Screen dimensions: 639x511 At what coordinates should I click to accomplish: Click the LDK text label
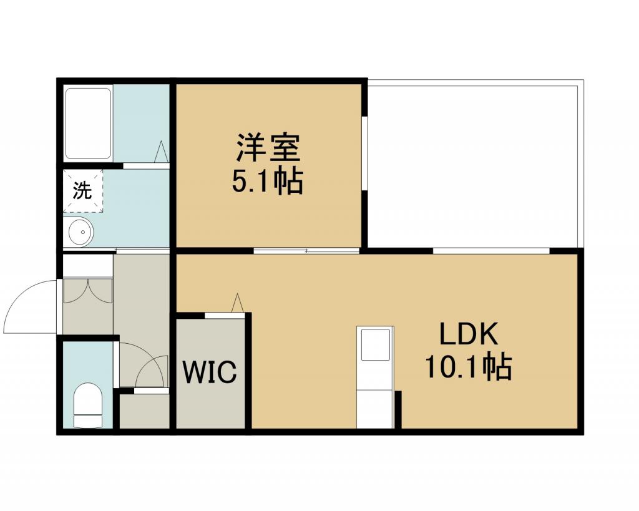468,334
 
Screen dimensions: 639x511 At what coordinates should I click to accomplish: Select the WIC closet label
210,372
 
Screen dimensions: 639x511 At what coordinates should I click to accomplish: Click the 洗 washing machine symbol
83,191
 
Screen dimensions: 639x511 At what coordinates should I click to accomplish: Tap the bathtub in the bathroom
89,124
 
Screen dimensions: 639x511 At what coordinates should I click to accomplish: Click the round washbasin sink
81,232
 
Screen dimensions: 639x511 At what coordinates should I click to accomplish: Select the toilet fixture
87,405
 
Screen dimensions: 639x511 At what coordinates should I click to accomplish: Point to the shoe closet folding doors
87,291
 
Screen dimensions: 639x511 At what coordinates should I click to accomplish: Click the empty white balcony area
473,166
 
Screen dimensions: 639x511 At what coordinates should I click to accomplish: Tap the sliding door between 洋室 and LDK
306,251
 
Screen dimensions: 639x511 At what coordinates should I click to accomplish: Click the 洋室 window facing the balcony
365,153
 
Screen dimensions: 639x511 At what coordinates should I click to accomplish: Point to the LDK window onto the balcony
491,251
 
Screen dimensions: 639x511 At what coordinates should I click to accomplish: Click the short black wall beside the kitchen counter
398,409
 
